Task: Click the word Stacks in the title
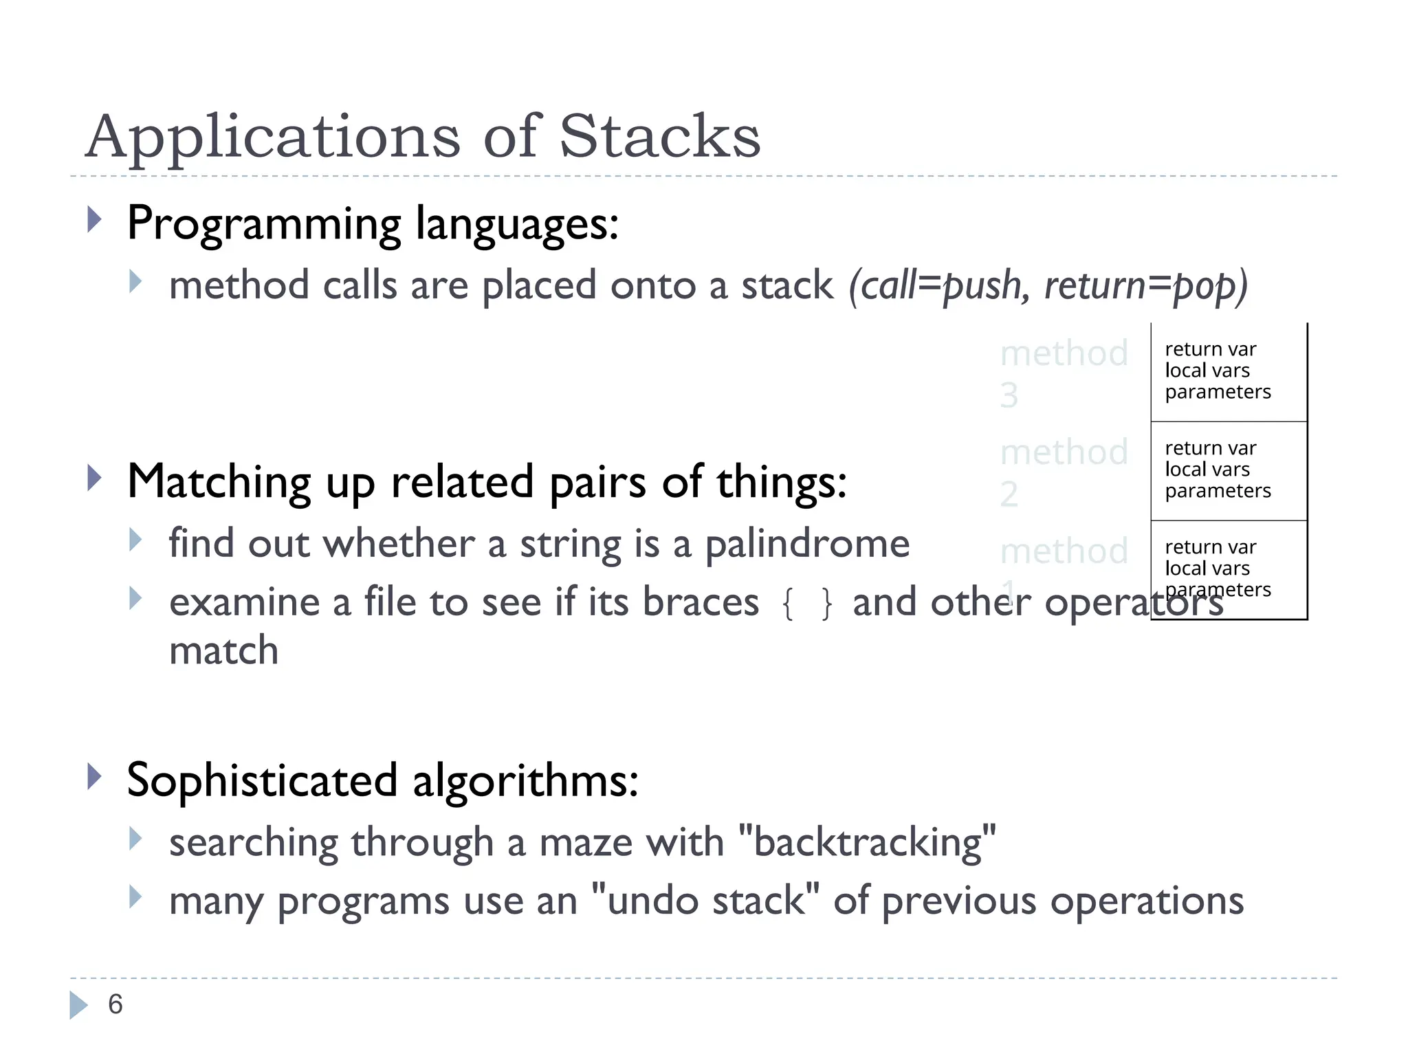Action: coord(659,136)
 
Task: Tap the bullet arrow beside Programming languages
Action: coord(95,220)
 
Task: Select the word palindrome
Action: coord(807,544)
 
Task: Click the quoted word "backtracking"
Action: coord(867,842)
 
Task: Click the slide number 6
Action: coord(115,1004)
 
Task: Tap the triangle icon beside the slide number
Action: coord(78,1005)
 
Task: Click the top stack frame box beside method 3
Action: coord(1229,371)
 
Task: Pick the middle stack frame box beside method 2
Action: coord(1229,470)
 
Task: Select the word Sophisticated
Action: coord(262,781)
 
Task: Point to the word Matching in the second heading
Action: coord(219,481)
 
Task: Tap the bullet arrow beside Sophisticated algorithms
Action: coord(95,777)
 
